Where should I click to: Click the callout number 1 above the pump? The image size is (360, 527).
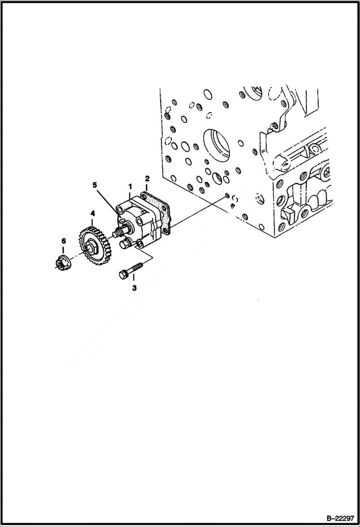(129, 185)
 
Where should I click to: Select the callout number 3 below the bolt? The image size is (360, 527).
(134, 288)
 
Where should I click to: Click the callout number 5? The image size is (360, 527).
(95, 184)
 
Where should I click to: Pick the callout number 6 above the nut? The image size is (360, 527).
(63, 241)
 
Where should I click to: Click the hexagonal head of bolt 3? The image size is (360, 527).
(122, 274)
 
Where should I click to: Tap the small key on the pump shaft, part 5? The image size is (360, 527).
(122, 221)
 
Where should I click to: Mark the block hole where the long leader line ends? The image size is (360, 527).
(226, 196)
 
